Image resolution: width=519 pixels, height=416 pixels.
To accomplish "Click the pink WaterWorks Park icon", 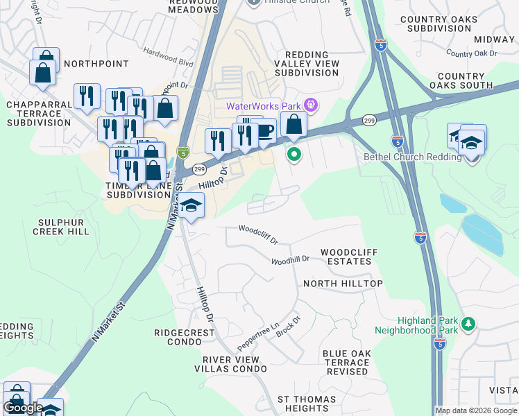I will pos(310,105).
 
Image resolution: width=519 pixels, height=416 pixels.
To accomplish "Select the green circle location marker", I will pos(294,155).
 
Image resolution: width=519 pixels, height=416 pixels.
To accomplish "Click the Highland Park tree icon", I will pos(469,324).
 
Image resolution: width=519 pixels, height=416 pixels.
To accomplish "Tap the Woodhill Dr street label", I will pos(289,260).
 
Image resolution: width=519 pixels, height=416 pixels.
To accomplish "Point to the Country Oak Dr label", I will pos(472,53).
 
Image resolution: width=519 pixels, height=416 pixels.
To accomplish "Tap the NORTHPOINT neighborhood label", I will pos(96,64).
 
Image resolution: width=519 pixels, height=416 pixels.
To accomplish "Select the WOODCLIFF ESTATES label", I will pos(346,257).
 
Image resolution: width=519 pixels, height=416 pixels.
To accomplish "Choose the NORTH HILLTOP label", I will pos(352,284).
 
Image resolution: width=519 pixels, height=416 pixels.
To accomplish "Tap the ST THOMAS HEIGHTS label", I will pos(307,404).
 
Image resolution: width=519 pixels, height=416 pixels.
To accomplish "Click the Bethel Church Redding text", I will pos(412,157).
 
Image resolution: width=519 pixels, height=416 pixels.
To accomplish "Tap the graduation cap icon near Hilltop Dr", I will pos(192,207).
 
